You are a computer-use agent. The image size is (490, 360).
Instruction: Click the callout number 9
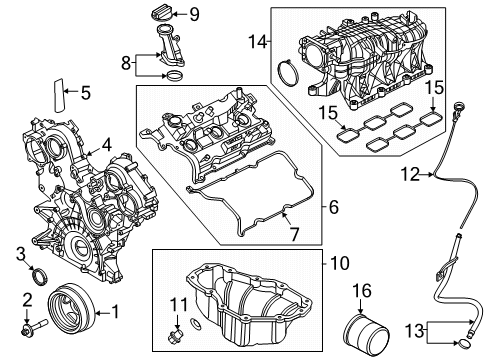[194, 14]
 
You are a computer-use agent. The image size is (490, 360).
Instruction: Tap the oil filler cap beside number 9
[160, 14]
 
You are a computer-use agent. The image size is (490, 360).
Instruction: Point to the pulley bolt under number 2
[34, 327]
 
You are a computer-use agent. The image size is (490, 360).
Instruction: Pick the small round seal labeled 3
[39, 277]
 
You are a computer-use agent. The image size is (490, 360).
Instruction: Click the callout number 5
[86, 93]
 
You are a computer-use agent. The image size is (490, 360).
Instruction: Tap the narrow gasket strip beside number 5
[59, 96]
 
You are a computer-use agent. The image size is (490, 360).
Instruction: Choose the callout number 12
[410, 174]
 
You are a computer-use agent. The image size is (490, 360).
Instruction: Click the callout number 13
[414, 331]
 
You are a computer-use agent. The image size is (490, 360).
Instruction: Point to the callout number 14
[258, 42]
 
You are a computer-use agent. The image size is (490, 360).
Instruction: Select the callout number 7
[294, 234]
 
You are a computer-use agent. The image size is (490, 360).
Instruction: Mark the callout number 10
[339, 263]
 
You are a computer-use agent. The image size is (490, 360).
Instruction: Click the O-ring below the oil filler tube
[174, 76]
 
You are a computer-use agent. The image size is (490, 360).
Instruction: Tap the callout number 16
[362, 291]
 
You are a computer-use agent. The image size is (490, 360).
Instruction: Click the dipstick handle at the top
[459, 108]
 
